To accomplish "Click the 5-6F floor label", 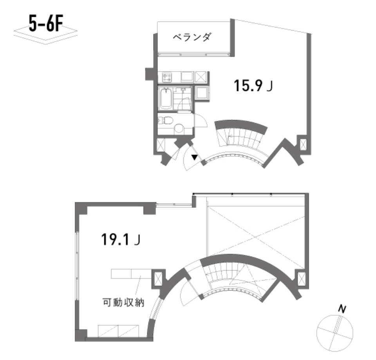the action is tap(46, 23).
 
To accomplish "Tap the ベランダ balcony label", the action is tap(192, 37).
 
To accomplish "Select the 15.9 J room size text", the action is tap(253, 85).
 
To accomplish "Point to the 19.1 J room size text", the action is tap(121, 240).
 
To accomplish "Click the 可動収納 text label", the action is tap(123, 302).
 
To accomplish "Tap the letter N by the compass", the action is tap(342, 309).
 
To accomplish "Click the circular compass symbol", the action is tap(335, 333).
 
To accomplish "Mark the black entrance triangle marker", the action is tap(194, 157).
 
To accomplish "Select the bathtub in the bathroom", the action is tap(166, 98).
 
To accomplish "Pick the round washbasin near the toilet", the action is tap(179, 129).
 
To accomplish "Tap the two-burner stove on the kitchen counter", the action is tap(167, 77).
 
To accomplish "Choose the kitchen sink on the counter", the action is tap(187, 76).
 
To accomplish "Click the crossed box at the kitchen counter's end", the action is tap(201, 77).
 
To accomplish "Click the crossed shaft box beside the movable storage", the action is tap(158, 279).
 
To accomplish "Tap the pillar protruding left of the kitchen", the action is tap(149, 74).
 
